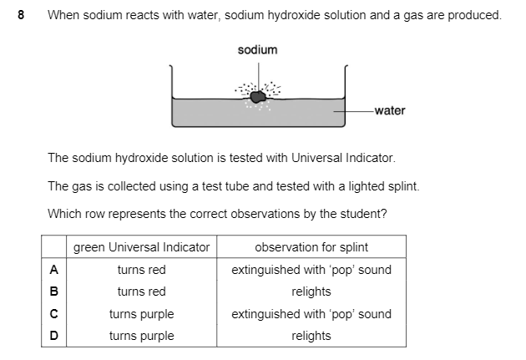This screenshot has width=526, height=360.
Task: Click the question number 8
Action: tap(21, 15)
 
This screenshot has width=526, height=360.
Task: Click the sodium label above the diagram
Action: tap(257, 50)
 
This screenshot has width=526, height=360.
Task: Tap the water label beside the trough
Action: tap(390, 110)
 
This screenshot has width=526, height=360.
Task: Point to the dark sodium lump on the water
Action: tap(260, 98)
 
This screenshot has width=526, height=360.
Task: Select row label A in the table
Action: tap(53, 270)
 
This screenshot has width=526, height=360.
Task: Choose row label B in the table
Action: tap(53, 292)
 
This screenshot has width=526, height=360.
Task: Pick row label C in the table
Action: tap(53, 314)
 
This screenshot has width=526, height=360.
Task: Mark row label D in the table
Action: tap(53, 336)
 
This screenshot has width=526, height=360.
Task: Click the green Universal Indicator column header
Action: tap(142, 247)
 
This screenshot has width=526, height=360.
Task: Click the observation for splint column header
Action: tap(311, 247)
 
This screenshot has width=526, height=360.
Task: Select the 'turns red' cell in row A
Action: tap(142, 270)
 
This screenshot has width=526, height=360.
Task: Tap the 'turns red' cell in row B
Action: tap(142, 292)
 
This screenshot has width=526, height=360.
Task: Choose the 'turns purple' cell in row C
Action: tap(142, 314)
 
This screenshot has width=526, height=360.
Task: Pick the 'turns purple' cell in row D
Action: tap(142, 336)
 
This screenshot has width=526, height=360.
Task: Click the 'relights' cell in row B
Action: tap(311, 292)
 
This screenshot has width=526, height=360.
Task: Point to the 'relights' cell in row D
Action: tap(311, 336)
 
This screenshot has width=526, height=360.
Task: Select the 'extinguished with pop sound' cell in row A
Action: tap(311, 270)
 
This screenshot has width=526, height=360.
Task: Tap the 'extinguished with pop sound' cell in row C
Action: tap(311, 314)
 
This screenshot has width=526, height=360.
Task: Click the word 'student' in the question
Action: tap(365, 213)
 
